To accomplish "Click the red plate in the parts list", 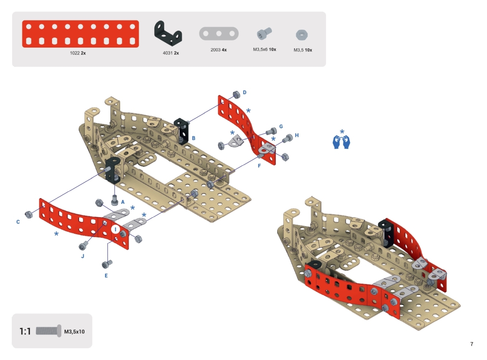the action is point(80,34).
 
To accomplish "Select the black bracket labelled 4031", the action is point(168,33).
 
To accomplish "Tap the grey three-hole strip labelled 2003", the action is point(219,34).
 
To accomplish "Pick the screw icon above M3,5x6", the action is point(264,34).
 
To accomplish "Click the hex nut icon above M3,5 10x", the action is point(302,35).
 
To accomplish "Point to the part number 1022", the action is point(75,53).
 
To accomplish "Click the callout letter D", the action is point(245,93).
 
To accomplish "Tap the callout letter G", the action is point(281,127).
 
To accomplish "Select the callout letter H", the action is point(297,135).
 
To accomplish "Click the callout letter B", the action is point(194,138).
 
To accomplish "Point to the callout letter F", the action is point(259,166).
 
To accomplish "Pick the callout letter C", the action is point(18,222).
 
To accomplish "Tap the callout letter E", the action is point(106,276).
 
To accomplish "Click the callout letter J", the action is point(82,256).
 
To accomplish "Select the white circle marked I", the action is point(116,230).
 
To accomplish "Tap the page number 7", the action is point(472,344).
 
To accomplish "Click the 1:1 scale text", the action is point(25,331).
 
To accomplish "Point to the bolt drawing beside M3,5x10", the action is point(49,331).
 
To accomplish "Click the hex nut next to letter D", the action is point(236,95).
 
